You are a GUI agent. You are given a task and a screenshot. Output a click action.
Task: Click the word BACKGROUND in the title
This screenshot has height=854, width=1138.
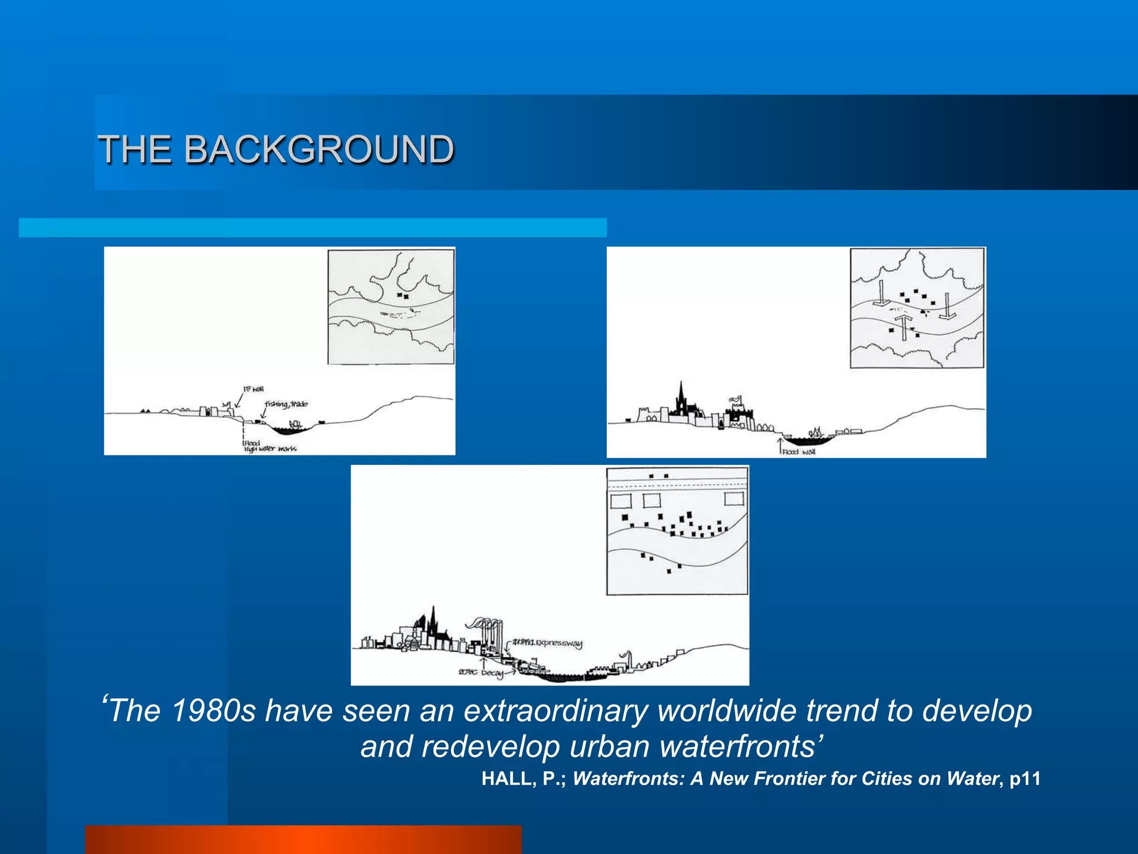point(319,150)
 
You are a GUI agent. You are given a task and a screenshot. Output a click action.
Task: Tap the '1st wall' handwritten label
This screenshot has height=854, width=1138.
point(253,389)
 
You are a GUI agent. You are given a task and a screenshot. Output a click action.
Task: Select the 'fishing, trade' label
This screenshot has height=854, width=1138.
point(286,404)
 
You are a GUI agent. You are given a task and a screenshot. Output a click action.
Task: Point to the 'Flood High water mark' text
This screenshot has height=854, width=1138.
point(269,446)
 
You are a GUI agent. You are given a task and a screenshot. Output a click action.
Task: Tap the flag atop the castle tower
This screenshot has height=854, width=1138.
point(736,399)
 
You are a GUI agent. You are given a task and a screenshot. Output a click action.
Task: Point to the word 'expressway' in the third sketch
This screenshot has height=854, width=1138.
point(558,643)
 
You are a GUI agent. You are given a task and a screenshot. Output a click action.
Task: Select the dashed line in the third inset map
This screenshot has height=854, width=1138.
point(677,486)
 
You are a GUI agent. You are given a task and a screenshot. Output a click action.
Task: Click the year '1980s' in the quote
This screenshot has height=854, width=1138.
point(213,711)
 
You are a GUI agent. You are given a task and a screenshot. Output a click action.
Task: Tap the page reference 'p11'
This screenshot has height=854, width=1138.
point(1025,778)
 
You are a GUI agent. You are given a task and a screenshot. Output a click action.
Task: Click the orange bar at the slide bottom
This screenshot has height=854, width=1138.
point(303,840)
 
